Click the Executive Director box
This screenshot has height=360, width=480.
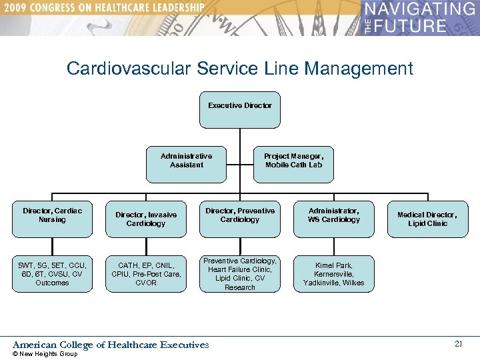[240, 109]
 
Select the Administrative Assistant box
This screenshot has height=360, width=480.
[186, 164]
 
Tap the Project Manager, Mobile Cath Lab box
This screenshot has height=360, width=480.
[294, 164]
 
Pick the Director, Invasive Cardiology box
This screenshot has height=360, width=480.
[146, 219]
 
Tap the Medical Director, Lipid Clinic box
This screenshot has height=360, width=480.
[427, 219]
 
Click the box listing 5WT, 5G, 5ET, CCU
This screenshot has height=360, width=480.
[52, 273]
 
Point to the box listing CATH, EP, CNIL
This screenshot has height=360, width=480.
[146, 273]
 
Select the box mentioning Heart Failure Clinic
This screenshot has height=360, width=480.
[240, 273]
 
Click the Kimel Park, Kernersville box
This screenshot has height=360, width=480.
[333, 273]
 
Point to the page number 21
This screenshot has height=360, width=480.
[458, 344]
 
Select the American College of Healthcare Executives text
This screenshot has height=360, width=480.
[111, 345]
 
